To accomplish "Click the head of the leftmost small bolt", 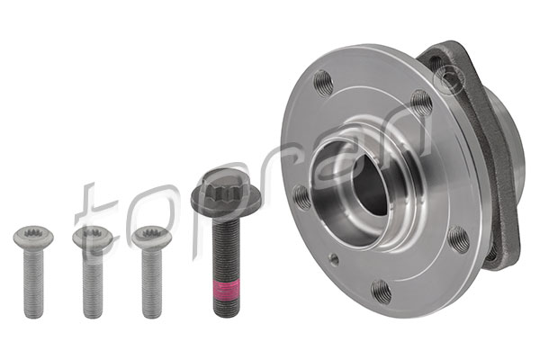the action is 33,237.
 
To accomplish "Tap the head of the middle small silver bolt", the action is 93,237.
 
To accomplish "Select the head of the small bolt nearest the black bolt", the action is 151,237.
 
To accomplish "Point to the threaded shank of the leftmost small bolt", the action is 34,283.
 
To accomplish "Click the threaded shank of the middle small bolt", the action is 93,283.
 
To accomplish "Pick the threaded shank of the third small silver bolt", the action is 151,283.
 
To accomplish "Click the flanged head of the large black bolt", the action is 226,193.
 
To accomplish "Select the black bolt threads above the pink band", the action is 226,249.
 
